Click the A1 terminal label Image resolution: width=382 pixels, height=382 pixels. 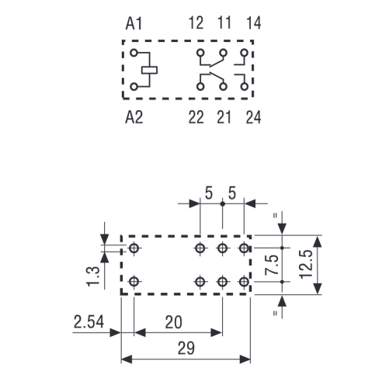[134, 23]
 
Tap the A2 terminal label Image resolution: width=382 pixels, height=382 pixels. [134, 117]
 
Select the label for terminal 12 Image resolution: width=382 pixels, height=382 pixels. [196, 23]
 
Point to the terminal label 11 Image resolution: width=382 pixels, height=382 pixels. [224, 23]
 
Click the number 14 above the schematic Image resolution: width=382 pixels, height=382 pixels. [254, 23]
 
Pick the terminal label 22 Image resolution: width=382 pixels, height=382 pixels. [196, 117]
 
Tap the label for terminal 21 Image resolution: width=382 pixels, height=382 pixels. [224, 117]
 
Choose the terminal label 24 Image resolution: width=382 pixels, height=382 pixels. [253, 117]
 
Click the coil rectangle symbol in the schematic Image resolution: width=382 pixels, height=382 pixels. [149, 70]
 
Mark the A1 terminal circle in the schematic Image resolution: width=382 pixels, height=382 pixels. [134, 53]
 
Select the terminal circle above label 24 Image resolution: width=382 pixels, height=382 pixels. [244, 86]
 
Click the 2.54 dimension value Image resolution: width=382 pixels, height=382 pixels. [89, 321]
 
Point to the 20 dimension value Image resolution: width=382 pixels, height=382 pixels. [173, 322]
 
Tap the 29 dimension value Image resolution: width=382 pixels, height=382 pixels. [186, 349]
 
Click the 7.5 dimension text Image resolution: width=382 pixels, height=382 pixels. [272, 265]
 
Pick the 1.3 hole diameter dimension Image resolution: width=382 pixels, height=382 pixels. [93, 276]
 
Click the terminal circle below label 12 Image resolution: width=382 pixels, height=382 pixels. [200, 53]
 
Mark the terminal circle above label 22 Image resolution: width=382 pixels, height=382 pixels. [200, 86]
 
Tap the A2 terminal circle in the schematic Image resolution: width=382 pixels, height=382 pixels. [134, 87]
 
